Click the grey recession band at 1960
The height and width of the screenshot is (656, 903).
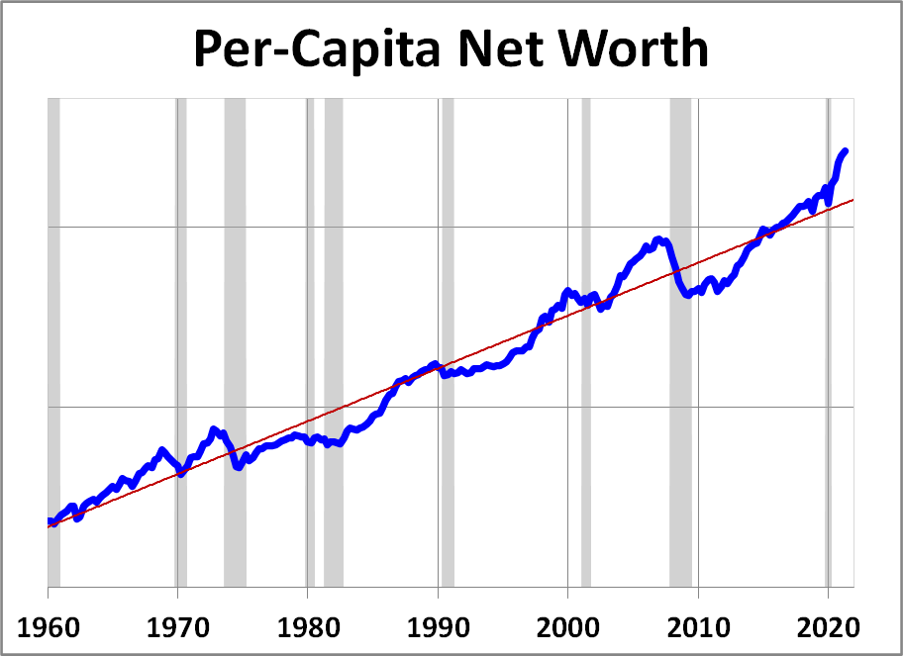point(53,297)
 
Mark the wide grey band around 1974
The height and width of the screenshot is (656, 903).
point(235,297)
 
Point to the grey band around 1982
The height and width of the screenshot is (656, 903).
point(334,297)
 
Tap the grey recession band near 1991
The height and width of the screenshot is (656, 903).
point(448,297)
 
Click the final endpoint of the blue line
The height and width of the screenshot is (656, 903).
point(846,150)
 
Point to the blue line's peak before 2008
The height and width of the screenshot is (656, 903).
point(658,239)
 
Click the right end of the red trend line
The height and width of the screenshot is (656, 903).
point(853,200)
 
